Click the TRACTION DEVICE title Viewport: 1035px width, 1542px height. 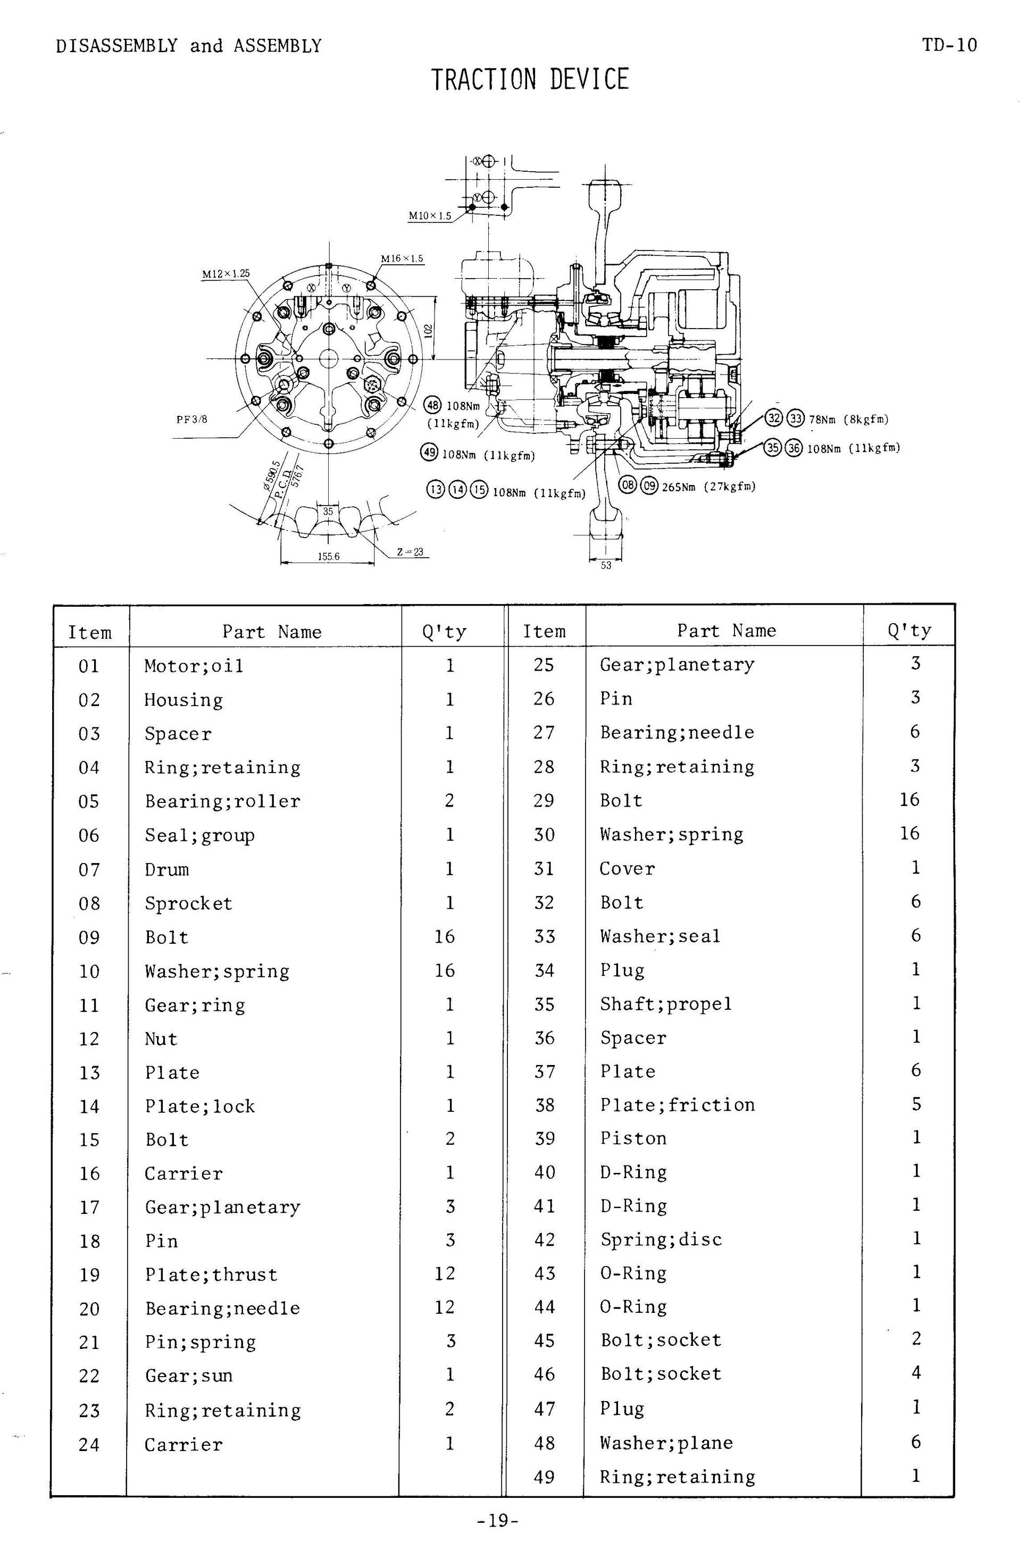click(x=530, y=80)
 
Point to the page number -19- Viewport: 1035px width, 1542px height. click(x=498, y=1520)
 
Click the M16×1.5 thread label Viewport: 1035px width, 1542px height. click(x=402, y=258)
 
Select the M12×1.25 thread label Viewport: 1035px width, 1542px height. click(x=226, y=273)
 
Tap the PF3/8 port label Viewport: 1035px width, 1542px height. click(x=191, y=419)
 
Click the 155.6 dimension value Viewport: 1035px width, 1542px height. click(x=328, y=556)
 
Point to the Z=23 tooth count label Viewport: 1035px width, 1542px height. click(x=410, y=551)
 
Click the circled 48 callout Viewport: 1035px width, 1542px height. click(x=432, y=405)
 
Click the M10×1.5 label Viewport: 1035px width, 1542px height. click(x=430, y=216)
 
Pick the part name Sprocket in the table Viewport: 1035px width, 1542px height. click(x=188, y=903)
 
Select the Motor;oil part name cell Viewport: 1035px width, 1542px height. click(x=194, y=666)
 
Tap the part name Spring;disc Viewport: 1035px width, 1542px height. click(x=661, y=1239)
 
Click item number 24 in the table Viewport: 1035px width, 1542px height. click(x=89, y=1444)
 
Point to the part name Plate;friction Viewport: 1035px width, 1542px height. click(x=677, y=1104)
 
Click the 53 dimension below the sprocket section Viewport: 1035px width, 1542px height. click(x=605, y=565)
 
